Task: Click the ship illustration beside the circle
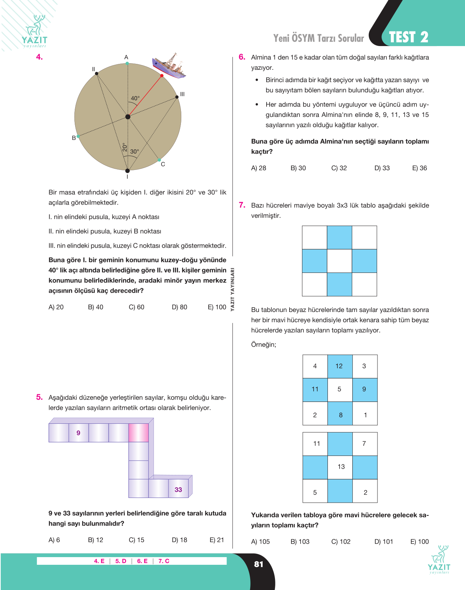pyautogui.click(x=169, y=66)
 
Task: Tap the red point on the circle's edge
pyautogui.click(x=162, y=75)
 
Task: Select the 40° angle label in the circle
pyautogui.click(x=135, y=98)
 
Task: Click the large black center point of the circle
pyautogui.click(x=128, y=117)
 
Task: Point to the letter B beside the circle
pyautogui.click(x=74, y=138)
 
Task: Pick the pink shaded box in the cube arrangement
pyautogui.click(x=139, y=433)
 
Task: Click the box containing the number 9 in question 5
pyautogui.click(x=78, y=433)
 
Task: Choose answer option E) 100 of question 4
pyautogui.click(x=217, y=307)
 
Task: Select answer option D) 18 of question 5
pyautogui.click(x=179, y=540)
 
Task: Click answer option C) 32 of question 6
pyautogui.click(x=339, y=168)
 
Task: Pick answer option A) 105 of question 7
pyautogui.click(x=260, y=541)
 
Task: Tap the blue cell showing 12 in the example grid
pyautogui.click(x=340, y=366)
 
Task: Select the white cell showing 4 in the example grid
pyautogui.click(x=315, y=366)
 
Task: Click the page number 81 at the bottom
pyautogui.click(x=259, y=564)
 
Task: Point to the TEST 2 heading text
pyautogui.click(x=408, y=37)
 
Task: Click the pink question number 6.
pyautogui.click(x=242, y=57)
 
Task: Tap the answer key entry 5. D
pyautogui.click(x=121, y=561)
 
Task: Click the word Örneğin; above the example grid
pyautogui.click(x=264, y=345)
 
